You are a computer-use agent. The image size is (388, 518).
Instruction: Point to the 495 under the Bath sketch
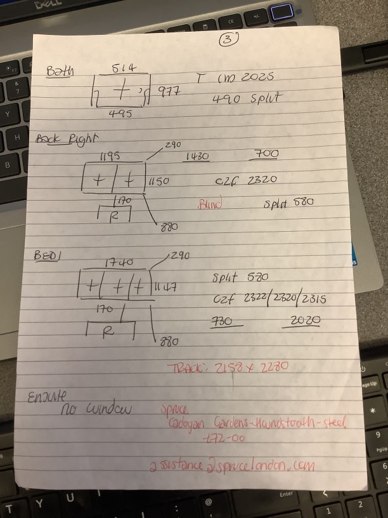tap(120, 114)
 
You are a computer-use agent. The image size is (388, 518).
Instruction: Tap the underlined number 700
tap(266, 154)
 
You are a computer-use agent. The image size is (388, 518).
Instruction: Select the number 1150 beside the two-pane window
tap(159, 181)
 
